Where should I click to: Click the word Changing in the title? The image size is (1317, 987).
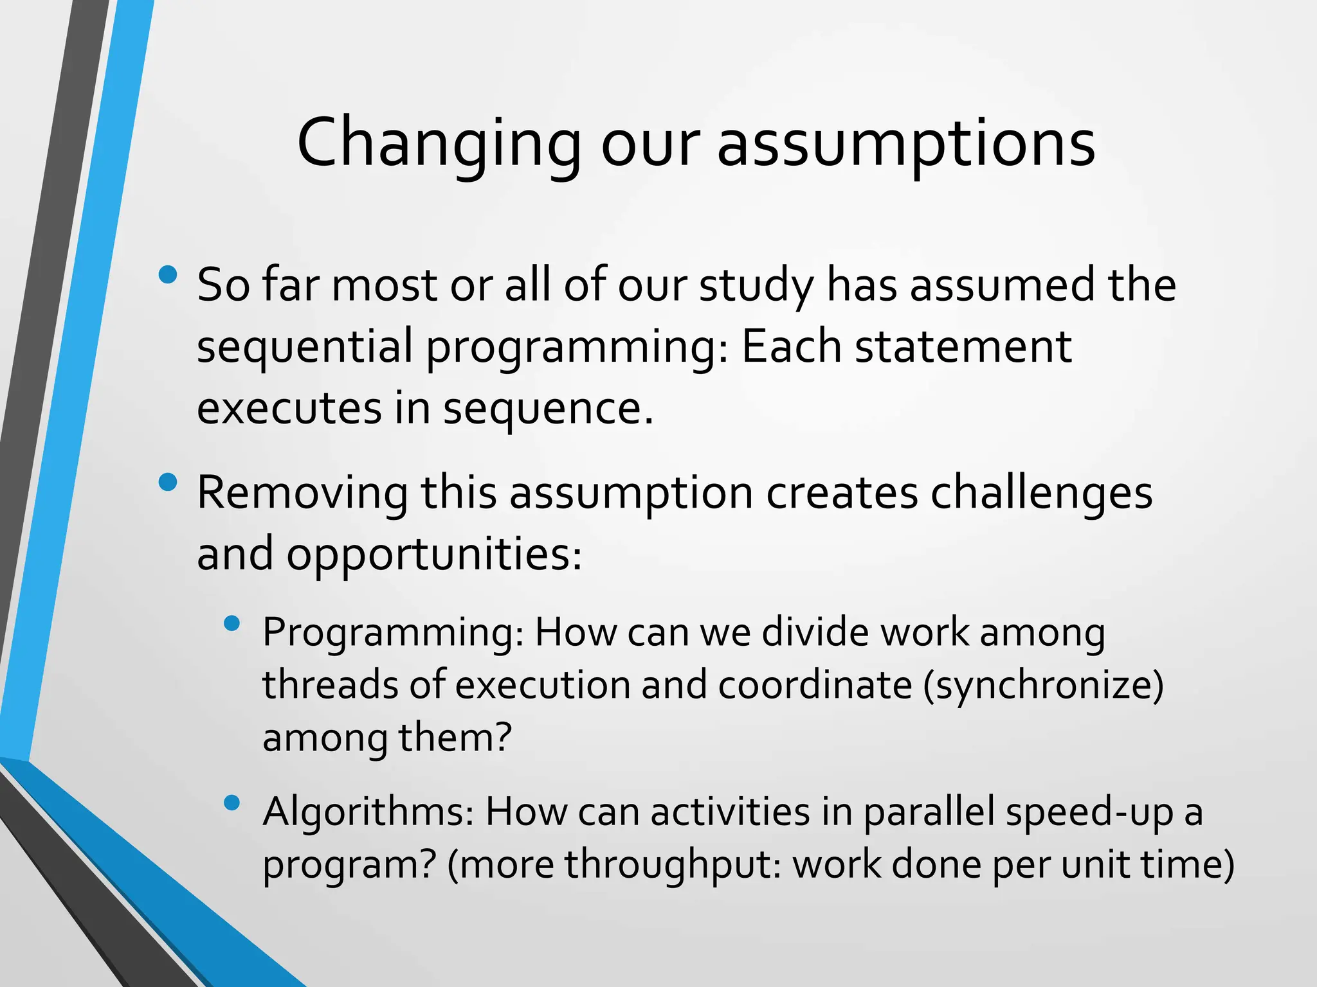click(x=439, y=145)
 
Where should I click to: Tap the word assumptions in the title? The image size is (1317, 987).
click(x=906, y=145)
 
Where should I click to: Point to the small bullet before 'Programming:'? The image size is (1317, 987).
click(x=232, y=623)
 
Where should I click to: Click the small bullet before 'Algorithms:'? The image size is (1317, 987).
click(x=232, y=802)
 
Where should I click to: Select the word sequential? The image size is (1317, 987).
click(x=305, y=348)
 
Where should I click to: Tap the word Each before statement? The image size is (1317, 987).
click(x=791, y=346)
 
